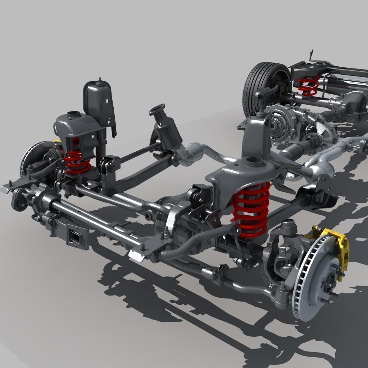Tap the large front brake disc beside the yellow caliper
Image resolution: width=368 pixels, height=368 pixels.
tap(313, 280)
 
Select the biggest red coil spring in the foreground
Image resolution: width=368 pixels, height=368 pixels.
tap(251, 210)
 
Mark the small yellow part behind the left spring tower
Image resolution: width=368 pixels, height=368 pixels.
tap(57, 141)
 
